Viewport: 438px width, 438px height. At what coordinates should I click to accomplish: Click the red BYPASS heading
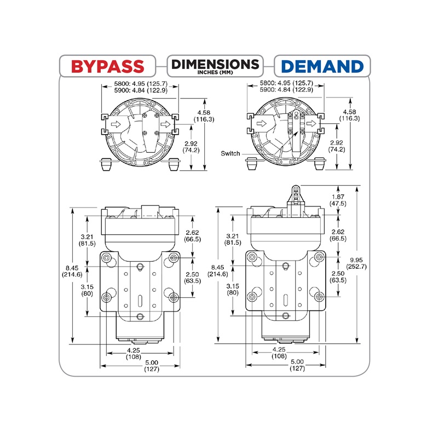point(108,66)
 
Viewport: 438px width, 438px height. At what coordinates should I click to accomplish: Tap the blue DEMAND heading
point(322,66)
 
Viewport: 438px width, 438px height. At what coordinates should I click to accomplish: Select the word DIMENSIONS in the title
point(215,64)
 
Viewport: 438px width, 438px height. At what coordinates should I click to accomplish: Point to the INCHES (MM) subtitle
point(215,73)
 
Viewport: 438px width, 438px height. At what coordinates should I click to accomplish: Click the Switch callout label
point(230,154)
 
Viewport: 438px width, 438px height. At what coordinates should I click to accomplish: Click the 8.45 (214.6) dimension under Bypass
point(73,271)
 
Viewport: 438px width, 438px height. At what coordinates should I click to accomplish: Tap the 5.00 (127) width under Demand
point(297,365)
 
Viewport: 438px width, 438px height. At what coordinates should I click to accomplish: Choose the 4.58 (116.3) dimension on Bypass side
point(204,116)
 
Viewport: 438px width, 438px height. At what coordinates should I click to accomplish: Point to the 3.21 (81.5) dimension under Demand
point(233,239)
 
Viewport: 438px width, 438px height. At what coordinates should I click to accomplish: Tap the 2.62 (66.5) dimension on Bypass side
point(193,235)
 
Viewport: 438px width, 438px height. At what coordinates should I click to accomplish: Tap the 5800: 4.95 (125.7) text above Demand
point(286,83)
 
